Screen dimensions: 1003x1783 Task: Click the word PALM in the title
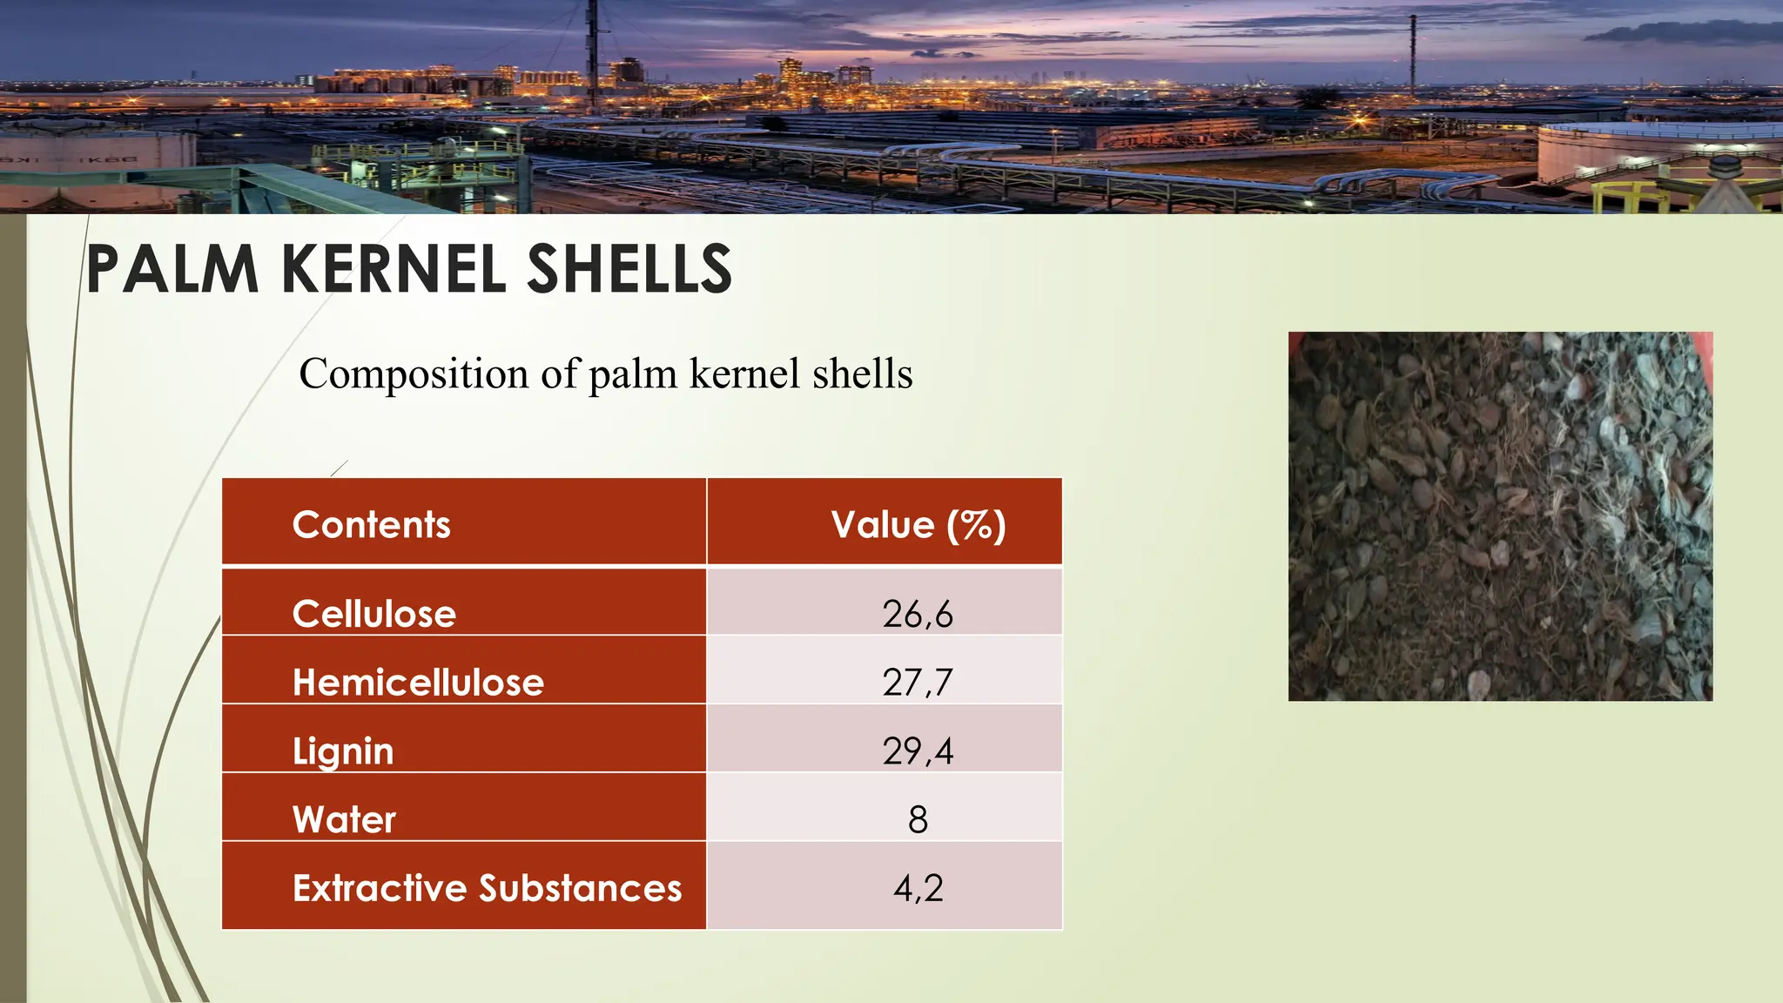click(172, 269)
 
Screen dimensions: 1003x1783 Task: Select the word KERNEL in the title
click(394, 269)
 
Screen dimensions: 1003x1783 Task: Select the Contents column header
click(371, 525)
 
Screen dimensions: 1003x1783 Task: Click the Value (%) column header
click(918, 525)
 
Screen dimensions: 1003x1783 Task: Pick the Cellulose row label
click(373, 614)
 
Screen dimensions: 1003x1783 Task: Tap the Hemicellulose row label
click(418, 683)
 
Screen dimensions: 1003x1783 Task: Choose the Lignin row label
click(343, 751)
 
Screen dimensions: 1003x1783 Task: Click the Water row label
click(344, 819)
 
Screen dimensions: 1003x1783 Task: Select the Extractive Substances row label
click(487, 888)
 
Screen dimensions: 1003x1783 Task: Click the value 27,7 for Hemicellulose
click(918, 683)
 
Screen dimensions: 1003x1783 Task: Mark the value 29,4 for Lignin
click(918, 751)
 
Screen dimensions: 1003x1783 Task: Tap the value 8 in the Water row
click(918, 819)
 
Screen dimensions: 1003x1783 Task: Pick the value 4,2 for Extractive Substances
click(918, 888)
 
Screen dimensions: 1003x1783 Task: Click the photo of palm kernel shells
click(1500, 516)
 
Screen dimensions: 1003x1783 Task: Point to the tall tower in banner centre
click(592, 61)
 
